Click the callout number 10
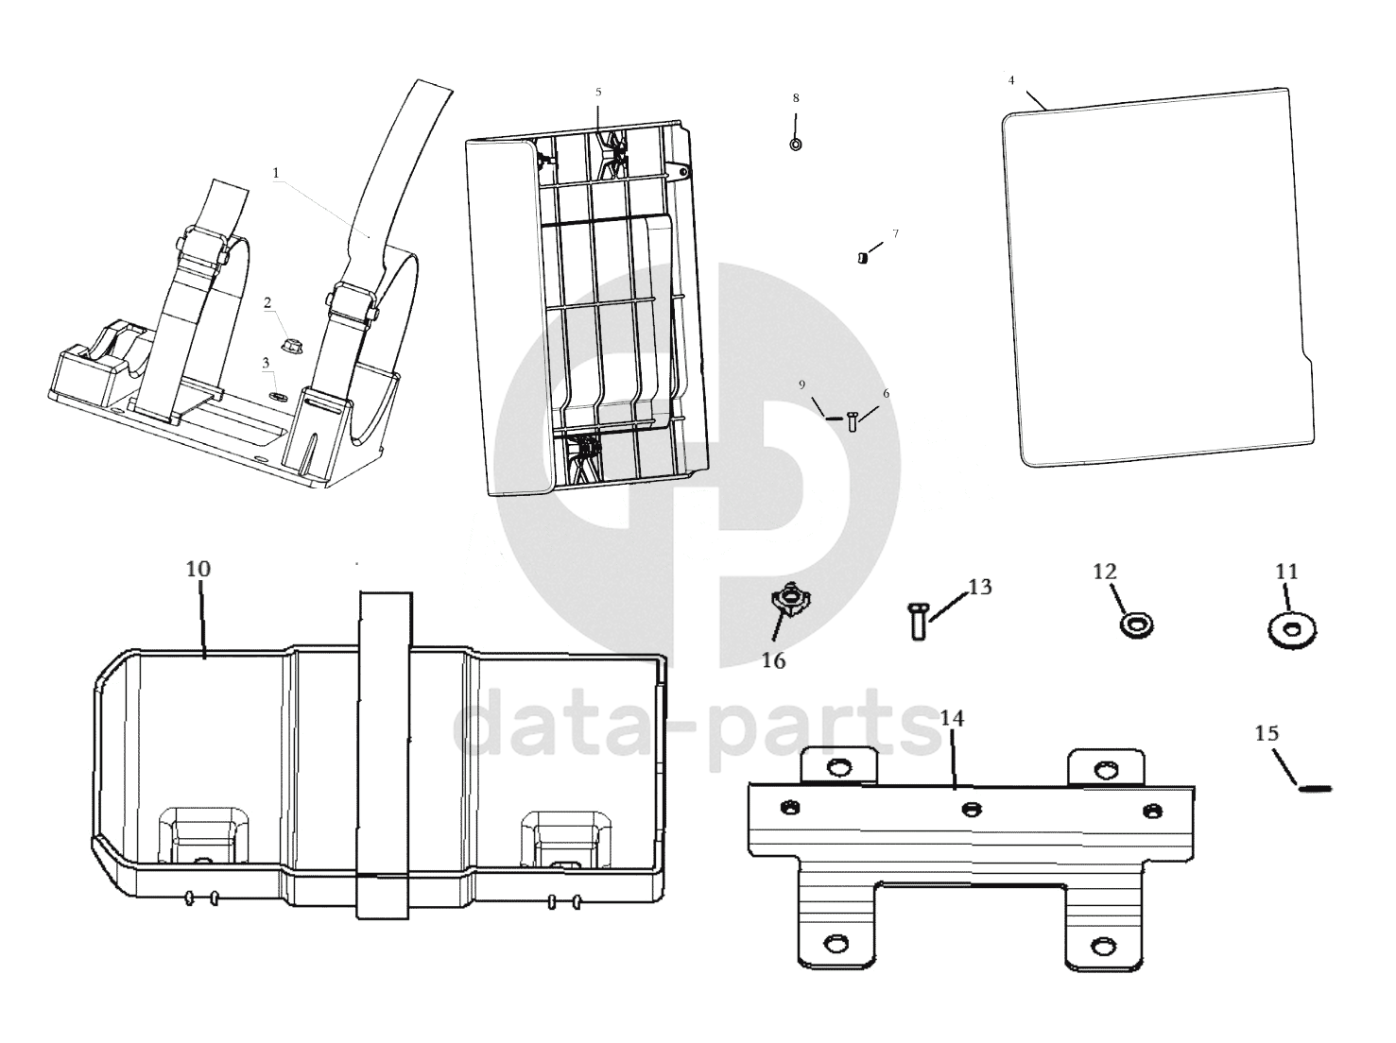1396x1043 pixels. tap(198, 569)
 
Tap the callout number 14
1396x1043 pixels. tap(952, 719)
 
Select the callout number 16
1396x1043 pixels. tap(773, 661)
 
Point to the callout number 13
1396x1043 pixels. tap(980, 587)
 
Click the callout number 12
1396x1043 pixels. tap(1105, 572)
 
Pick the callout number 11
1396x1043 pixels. tap(1286, 572)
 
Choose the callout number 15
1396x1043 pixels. tap(1267, 733)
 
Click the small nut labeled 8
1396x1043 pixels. tap(796, 145)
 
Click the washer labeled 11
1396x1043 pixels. tap(1292, 630)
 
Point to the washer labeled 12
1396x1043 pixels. tap(1134, 624)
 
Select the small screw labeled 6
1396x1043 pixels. tap(853, 421)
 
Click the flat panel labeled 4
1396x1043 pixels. tap(1158, 279)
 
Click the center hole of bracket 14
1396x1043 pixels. tap(971, 808)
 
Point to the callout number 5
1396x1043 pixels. tap(598, 93)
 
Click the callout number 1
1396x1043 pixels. tap(276, 174)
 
